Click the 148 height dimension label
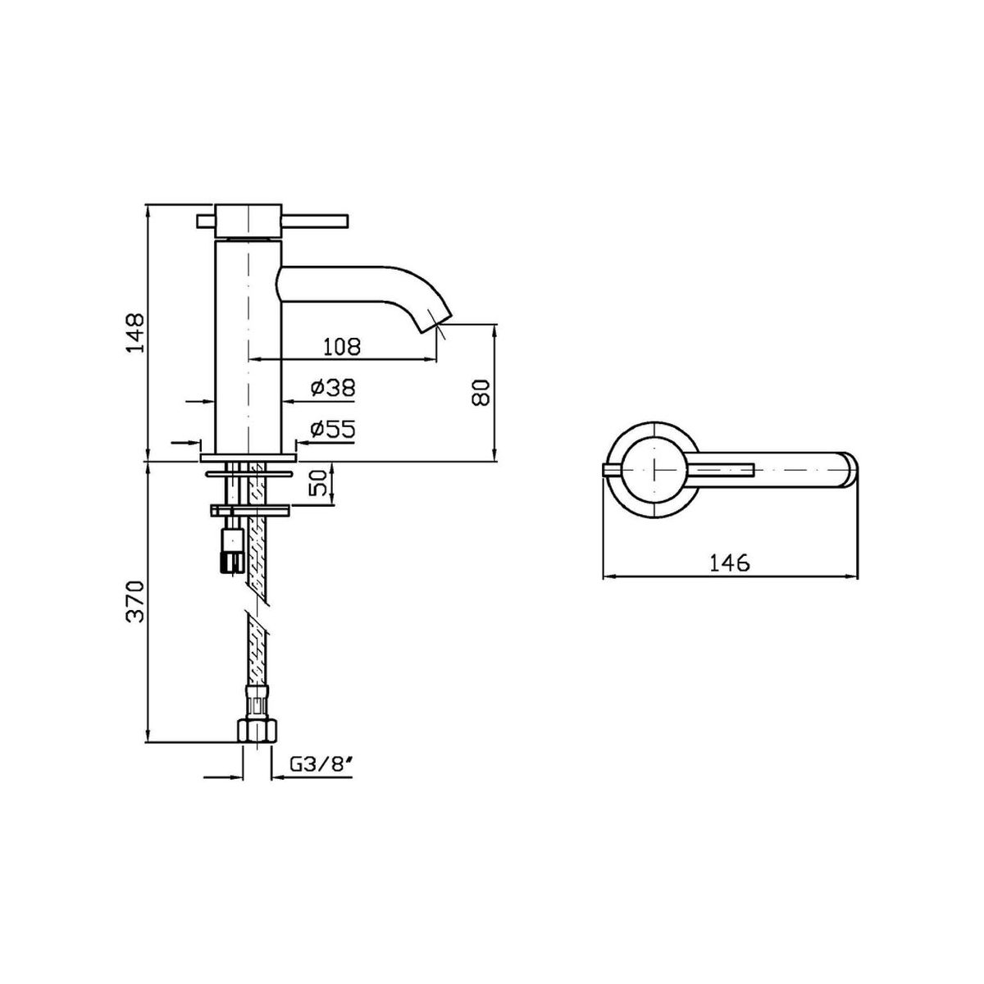(136, 333)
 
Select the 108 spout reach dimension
(342, 347)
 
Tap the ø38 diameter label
(332, 388)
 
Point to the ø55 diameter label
(332, 429)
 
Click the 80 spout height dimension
(481, 392)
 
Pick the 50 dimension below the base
(317, 482)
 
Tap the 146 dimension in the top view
(730, 563)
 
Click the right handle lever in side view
(315, 221)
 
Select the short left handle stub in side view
(207, 221)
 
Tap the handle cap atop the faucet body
(248, 221)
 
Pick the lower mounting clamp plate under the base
(250, 509)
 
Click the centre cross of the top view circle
(654, 470)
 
